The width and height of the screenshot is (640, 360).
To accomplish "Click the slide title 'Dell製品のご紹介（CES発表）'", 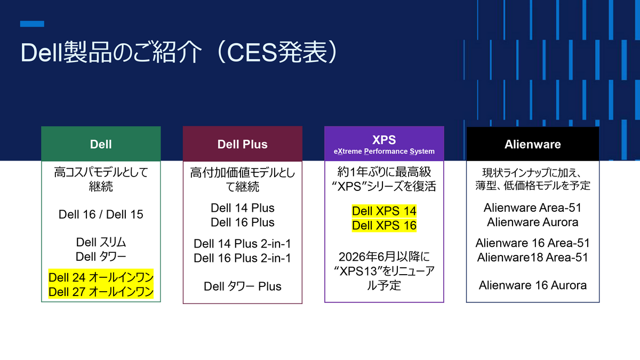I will (179, 53).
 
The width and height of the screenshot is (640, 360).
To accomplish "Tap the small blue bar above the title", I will (32, 24).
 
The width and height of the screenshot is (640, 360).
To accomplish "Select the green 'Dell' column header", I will (101, 144).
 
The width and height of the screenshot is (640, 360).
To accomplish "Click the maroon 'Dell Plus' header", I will (242, 144).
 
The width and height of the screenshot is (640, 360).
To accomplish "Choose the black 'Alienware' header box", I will (532, 144).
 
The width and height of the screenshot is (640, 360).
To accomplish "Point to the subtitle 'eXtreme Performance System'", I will (384, 151).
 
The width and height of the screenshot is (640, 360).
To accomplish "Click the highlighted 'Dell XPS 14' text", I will (384, 211).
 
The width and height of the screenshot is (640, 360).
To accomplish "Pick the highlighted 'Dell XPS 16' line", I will (384, 226).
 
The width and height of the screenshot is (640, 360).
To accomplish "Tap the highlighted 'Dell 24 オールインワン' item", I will (101, 277).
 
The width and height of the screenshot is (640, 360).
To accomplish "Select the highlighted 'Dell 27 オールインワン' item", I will (101, 292).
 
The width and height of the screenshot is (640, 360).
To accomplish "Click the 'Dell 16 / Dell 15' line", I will (101, 214).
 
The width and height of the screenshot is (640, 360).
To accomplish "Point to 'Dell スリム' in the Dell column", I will (101, 242).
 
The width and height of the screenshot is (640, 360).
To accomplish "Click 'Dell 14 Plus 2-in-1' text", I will (242, 244).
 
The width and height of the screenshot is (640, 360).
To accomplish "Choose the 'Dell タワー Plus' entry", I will (242, 286).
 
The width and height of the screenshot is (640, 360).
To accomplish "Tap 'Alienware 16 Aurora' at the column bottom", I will (532, 285).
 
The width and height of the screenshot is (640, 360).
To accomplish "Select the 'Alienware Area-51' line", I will (532, 207).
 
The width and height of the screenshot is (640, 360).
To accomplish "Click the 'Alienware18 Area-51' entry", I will (532, 257).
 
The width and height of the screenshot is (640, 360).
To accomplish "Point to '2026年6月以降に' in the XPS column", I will (384, 256).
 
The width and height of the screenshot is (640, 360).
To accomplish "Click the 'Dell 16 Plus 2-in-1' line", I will (242, 258).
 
